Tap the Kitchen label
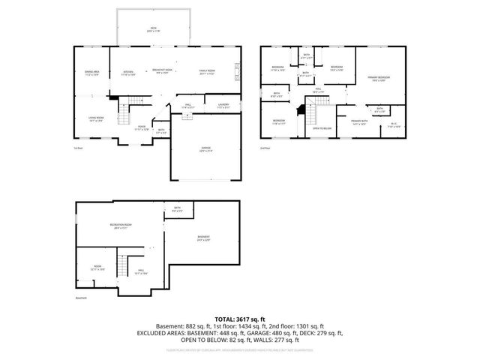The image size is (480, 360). [x=128, y=73]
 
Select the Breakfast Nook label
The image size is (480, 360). [x=163, y=71]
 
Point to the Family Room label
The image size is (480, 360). [x=206, y=73]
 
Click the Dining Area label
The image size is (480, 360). [x=92, y=73]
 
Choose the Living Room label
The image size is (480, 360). [x=95, y=118]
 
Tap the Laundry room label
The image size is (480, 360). [x=223, y=106]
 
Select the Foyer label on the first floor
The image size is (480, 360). [x=141, y=128]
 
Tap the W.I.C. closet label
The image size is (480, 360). [x=393, y=126]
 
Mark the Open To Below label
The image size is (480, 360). [x=322, y=128]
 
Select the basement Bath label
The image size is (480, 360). [x=177, y=209]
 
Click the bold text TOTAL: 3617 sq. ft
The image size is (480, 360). [x=240, y=319]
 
